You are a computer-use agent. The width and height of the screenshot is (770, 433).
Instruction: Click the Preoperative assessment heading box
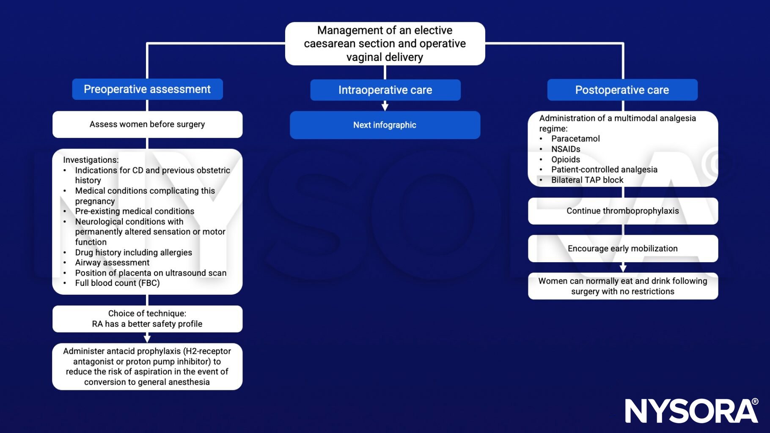point(147,89)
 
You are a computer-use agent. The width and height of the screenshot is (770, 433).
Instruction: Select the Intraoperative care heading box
point(385,90)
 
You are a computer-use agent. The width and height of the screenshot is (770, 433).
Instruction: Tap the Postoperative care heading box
point(622,90)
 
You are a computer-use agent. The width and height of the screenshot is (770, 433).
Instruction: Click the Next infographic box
point(385,125)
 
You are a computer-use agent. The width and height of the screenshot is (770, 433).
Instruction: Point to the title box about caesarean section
point(385,44)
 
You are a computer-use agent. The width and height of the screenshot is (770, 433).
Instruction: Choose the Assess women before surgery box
point(147,124)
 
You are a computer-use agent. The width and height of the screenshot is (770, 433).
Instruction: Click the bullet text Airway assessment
point(112,263)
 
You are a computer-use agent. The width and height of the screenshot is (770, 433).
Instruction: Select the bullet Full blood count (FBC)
point(117,283)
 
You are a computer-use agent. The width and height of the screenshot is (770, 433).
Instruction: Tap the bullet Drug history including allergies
point(133,252)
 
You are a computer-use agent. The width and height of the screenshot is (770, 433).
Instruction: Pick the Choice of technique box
point(147,319)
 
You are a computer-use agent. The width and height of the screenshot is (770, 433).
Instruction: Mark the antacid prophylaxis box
point(147,367)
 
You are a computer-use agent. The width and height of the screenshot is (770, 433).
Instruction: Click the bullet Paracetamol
point(575,139)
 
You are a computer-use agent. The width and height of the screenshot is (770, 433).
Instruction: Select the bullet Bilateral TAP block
point(587,180)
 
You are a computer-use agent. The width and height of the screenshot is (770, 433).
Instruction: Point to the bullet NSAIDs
point(566,149)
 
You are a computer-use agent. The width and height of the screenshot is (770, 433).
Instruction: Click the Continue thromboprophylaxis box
point(623,211)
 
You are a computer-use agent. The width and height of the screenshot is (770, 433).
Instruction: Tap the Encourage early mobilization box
point(623,249)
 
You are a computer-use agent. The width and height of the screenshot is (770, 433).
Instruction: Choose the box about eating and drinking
point(623,286)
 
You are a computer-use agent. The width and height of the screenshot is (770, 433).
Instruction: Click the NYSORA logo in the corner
point(691,410)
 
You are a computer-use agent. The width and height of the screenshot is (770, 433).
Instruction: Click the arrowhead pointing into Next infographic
point(385,107)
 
